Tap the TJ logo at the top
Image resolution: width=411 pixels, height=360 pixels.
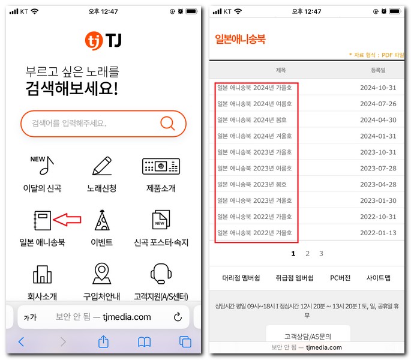click(103, 40)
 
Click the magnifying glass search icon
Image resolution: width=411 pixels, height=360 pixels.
click(167, 124)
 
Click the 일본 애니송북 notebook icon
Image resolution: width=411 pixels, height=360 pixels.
click(43, 220)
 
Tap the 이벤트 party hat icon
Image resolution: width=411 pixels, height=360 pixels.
click(102, 221)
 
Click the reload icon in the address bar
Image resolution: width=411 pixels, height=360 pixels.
click(178, 317)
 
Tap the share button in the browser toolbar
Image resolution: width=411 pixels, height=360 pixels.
click(103, 341)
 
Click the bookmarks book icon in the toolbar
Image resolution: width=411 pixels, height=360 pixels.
click(144, 341)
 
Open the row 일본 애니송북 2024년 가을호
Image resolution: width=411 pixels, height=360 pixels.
click(255, 88)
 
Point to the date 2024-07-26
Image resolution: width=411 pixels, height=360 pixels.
click(378, 104)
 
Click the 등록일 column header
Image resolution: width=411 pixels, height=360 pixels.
click(379, 70)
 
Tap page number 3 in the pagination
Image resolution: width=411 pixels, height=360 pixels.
click(321, 254)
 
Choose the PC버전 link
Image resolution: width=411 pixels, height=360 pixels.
click(340, 278)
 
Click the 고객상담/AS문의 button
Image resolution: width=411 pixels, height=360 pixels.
click(308, 336)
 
